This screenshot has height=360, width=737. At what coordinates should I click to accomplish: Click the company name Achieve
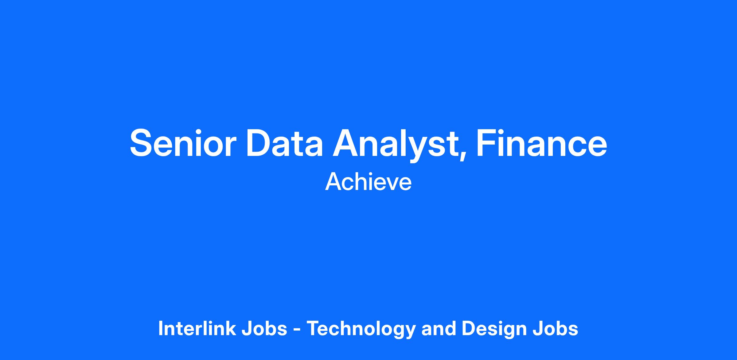coord(368,182)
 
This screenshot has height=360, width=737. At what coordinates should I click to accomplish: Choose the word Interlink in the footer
coord(197,328)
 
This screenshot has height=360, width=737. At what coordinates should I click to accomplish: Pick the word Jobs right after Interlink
coord(264,328)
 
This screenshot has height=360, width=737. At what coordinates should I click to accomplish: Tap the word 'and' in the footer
coord(439,328)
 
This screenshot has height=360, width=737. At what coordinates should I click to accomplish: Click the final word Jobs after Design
coord(556,328)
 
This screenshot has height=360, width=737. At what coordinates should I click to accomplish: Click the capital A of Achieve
coord(333,182)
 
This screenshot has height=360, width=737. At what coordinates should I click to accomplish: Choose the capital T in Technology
coord(314,328)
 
